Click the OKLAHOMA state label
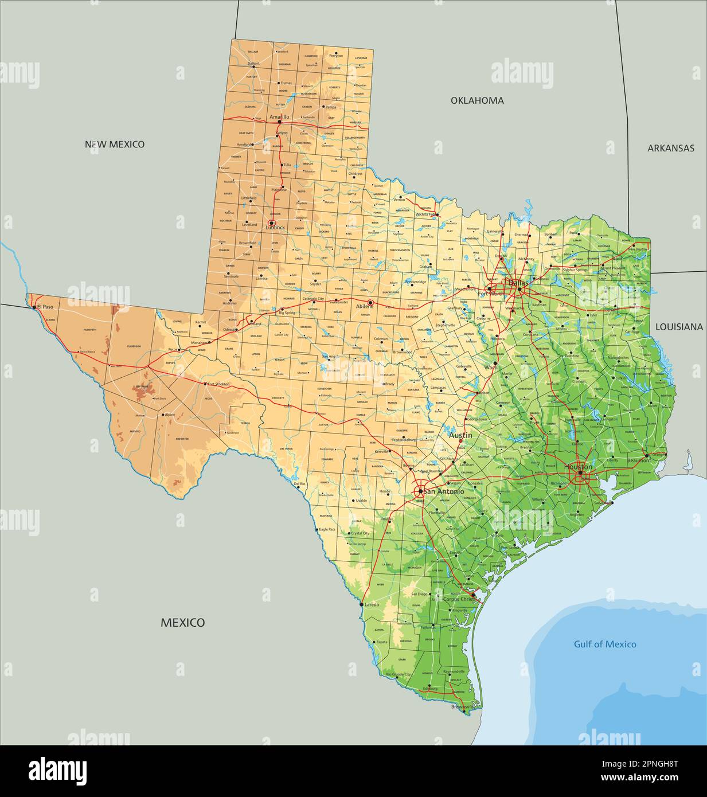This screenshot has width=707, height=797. [x=477, y=100]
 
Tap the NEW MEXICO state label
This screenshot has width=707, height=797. [x=115, y=144]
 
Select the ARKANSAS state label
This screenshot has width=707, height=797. [x=671, y=148]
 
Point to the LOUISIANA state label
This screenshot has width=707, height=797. [x=679, y=327]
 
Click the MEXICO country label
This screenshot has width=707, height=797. [x=182, y=622]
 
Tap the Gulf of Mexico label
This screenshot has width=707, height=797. [x=605, y=644]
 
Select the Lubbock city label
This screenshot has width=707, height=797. [x=275, y=228]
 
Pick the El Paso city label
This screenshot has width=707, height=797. [x=45, y=307]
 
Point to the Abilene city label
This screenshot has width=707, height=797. [x=365, y=307]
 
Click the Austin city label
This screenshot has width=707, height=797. [x=460, y=435]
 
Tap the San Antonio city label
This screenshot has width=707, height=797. [x=443, y=491]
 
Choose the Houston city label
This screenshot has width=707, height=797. [x=578, y=467]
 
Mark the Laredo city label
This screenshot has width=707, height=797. [x=372, y=604]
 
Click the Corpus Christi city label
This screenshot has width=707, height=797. [x=460, y=599]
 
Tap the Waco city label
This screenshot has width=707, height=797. [x=491, y=367]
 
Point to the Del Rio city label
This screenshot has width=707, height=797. [x=299, y=484]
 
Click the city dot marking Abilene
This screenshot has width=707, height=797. [x=370, y=302]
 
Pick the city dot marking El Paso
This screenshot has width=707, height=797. [x=34, y=307]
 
